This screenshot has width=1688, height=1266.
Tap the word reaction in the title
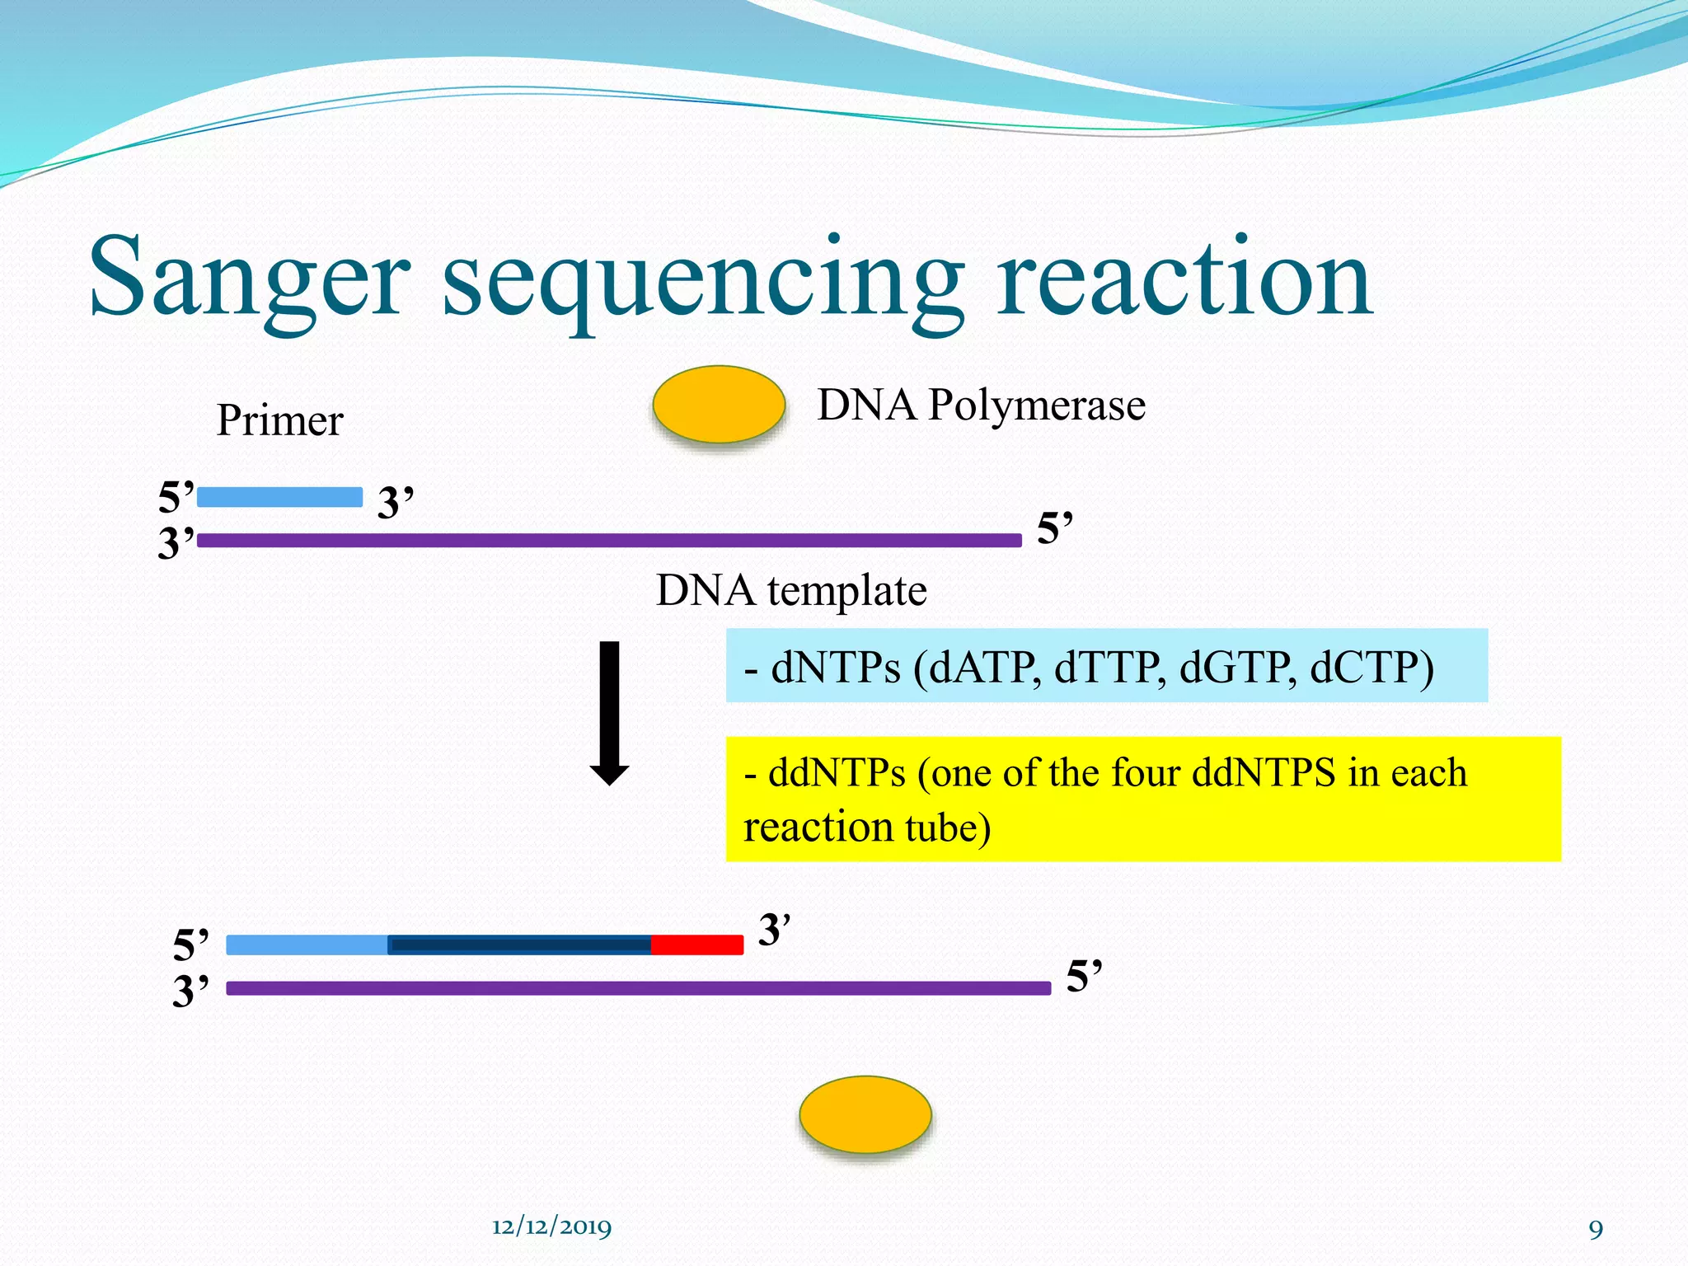coord(1184,279)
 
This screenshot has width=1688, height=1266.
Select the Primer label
coord(279,421)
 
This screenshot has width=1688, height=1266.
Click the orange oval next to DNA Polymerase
coord(718,405)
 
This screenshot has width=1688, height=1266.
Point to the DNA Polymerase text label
coord(981,406)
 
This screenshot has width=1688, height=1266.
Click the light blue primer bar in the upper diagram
coord(279,497)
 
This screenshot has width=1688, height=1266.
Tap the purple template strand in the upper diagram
coord(610,541)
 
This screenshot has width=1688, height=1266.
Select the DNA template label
coord(791,591)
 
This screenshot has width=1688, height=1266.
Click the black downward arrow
coord(609,713)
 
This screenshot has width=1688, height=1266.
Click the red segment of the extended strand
coord(697,945)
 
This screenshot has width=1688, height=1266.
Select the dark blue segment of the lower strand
coord(519,945)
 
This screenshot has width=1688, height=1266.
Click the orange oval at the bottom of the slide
coord(865,1114)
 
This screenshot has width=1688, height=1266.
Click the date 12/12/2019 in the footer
coord(551,1227)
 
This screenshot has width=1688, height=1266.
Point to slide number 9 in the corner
coord(1596,1230)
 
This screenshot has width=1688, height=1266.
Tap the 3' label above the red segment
coord(773,930)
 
